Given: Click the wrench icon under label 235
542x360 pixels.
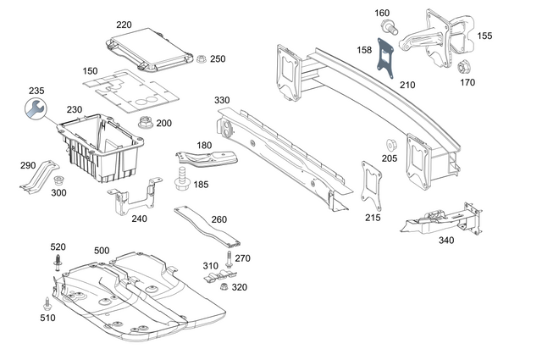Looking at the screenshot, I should pos(35,108).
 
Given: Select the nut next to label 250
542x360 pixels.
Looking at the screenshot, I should pos(202,58).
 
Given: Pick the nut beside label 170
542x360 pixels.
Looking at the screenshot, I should pos(464,67).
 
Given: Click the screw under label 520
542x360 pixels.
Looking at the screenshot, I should pos(58,264).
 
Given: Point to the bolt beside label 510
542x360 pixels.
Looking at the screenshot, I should pos(47,303).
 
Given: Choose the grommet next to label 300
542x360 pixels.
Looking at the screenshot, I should pos(58,181).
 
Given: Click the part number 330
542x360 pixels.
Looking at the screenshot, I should pos(222,100).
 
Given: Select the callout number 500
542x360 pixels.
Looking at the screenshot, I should pos(102,251).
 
